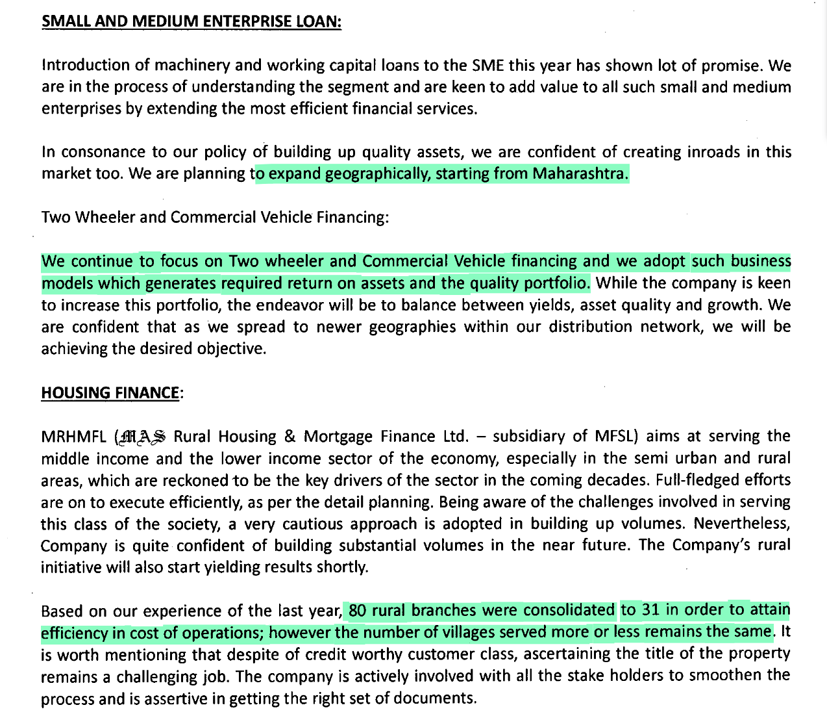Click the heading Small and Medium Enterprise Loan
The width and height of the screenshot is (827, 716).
[191, 21]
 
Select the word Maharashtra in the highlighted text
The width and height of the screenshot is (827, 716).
[580, 173]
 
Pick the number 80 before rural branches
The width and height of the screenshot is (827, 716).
[357, 611]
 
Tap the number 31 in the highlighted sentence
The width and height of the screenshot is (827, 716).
[650, 610]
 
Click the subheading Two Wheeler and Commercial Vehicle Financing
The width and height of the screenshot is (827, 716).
[215, 217]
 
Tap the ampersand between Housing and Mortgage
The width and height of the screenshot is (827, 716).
[290, 437]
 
